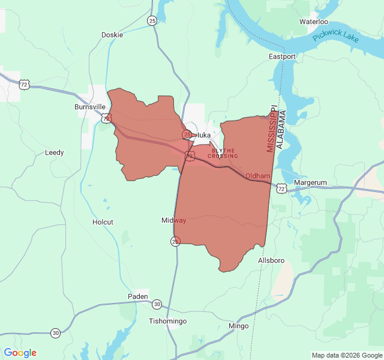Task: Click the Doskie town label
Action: [112, 35]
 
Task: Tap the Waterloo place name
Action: [314, 22]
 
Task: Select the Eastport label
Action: [282, 57]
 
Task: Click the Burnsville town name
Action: [90, 107]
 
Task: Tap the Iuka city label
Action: [204, 135]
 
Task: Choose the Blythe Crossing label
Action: [223, 154]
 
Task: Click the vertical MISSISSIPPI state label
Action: [272, 130]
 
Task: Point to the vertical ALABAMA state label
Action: [283, 125]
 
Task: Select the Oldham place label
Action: [258, 176]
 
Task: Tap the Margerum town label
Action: [310, 183]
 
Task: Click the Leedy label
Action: [55, 153]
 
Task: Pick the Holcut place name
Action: [103, 222]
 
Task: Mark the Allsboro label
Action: [271, 261]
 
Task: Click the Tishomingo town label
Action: [167, 322]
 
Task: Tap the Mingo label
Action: [239, 326]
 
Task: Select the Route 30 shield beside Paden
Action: [157, 304]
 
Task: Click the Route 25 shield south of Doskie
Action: [152, 21]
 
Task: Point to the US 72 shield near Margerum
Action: [282, 188]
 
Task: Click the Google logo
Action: [20, 353]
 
